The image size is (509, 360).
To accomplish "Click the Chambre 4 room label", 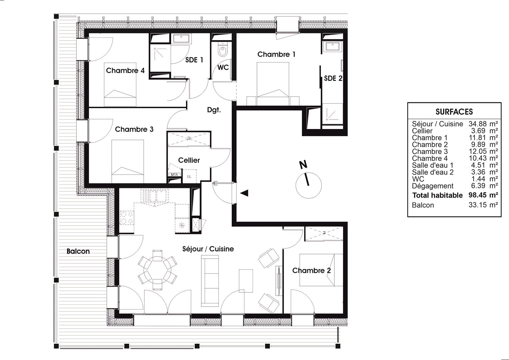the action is tap(125, 70).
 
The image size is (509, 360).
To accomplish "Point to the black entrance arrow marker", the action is tap(245, 193).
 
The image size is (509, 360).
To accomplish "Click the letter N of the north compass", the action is tap(303, 165).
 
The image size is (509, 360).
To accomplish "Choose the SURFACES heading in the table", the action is tap(454, 112).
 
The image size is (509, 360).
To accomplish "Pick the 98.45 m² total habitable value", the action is tap(483, 195).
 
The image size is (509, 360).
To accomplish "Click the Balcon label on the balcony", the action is tap(78, 251).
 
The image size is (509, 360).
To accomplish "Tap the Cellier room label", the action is tap(189, 160).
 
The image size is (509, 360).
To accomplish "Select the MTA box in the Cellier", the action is tap(174, 175).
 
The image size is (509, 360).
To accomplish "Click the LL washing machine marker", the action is tap(189, 176).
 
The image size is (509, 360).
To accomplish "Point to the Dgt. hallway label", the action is tap(214, 110).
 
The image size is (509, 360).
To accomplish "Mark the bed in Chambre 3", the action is tap(128, 161).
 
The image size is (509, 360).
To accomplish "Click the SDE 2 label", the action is tap(333, 78).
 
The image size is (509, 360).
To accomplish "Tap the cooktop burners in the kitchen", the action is tap(127, 218).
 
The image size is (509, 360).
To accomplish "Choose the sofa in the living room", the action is tap(210, 281).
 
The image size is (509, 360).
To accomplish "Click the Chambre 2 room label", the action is tap(311, 270).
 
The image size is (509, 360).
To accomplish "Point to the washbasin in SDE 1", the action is tap(181, 39).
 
